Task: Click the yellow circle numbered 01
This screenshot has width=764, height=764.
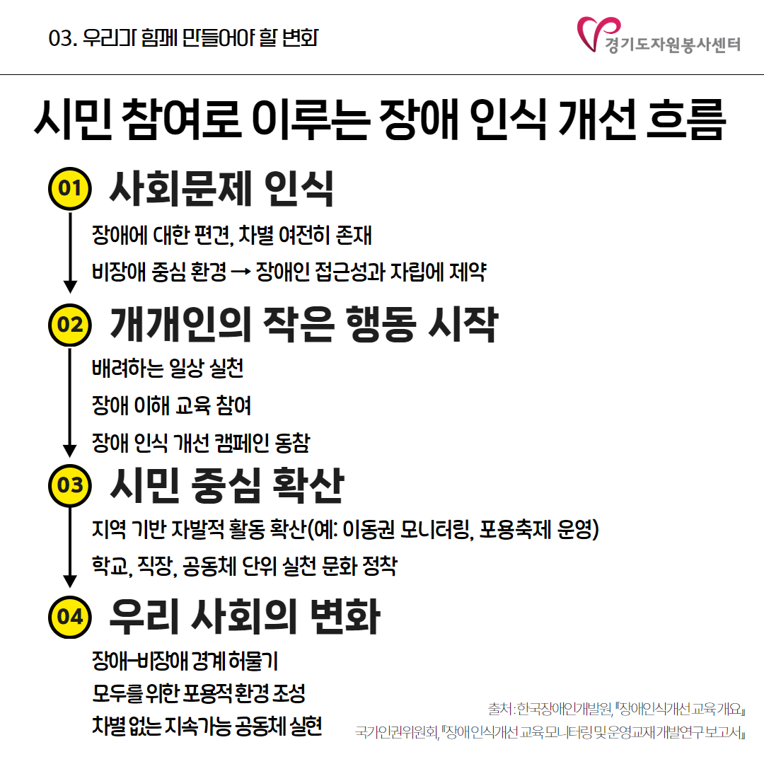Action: click(70, 189)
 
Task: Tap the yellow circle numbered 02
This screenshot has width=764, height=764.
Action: click(70, 325)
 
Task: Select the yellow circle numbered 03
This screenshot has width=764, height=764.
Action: click(70, 485)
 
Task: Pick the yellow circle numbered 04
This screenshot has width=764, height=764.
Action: click(70, 617)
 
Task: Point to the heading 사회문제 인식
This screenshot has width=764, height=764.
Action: click(221, 189)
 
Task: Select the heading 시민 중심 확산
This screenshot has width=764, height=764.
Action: click(227, 485)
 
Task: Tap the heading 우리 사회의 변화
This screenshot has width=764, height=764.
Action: click(245, 617)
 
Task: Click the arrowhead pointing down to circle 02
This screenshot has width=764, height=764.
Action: click(70, 287)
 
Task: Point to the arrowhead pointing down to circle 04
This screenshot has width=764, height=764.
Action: click(70, 581)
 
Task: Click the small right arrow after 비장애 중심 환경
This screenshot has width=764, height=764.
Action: click(241, 272)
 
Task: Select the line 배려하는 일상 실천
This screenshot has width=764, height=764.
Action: click(168, 369)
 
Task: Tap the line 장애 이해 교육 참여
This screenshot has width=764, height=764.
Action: click(171, 405)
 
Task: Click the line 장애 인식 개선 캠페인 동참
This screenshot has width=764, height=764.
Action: click(201, 443)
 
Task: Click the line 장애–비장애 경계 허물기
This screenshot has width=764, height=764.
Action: click(185, 661)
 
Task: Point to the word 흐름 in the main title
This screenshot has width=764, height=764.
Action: click(686, 119)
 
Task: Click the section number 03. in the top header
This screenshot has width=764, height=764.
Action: click(63, 38)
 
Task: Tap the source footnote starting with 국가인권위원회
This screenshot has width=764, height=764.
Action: click(550, 732)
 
